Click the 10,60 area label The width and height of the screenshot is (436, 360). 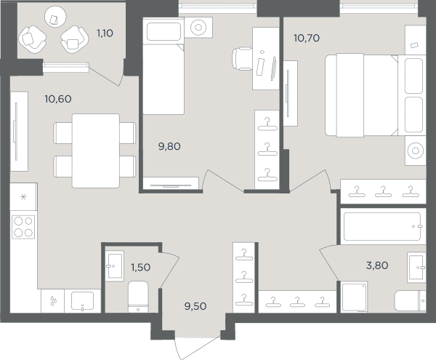click(x=58, y=99)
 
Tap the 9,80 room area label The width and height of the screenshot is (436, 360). click(x=169, y=146)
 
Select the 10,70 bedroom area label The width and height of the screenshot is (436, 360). click(x=307, y=38)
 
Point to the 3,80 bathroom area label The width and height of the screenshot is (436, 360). click(x=377, y=265)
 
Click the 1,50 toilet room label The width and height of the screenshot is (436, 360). click(x=141, y=268)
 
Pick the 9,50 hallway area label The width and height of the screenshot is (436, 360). click(x=195, y=306)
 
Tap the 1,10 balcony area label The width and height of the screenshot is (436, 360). click(x=105, y=33)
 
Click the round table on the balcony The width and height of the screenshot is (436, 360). click(x=55, y=17)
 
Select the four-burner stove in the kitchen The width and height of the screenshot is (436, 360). click(x=23, y=227)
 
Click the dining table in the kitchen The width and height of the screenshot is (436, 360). click(x=96, y=151)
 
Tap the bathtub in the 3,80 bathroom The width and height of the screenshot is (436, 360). click(x=382, y=226)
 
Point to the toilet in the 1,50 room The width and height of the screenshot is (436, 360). click(x=138, y=297)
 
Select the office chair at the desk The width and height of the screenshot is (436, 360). click(x=243, y=59)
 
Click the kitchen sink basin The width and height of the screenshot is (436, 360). click(x=82, y=301)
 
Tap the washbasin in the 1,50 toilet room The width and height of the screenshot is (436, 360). click(x=114, y=265)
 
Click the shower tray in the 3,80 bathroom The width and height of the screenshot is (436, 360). click(x=355, y=297)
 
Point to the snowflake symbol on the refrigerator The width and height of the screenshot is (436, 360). click(x=24, y=197)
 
